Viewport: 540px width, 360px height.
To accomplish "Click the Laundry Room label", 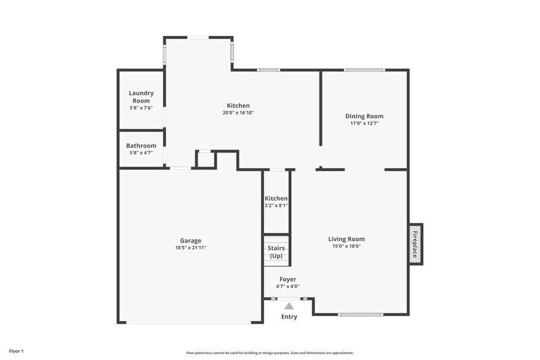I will (141, 97).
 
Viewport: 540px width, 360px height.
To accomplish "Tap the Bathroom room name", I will (141, 146).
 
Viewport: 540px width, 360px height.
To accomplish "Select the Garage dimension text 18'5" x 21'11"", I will (190, 248).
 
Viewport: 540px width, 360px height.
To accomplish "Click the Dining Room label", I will (364, 116).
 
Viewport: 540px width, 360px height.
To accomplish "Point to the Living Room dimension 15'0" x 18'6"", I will (347, 246).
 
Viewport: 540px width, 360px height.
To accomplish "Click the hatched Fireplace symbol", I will (415, 244).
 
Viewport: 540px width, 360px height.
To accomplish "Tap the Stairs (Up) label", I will (276, 252).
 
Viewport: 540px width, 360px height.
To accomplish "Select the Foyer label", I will (288, 279).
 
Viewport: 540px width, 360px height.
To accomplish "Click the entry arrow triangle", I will (288, 305).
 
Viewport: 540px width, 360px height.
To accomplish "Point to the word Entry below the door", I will (289, 317).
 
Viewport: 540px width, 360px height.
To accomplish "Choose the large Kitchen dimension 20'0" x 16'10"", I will (238, 113).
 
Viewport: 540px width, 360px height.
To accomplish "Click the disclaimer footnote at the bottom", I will (269, 353).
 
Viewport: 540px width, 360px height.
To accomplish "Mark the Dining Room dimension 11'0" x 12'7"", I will (364, 123).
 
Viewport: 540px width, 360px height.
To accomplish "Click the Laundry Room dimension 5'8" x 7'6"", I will (141, 108).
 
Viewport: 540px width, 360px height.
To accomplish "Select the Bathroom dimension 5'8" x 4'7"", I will (141, 152).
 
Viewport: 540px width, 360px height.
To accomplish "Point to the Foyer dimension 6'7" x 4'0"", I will (288, 286).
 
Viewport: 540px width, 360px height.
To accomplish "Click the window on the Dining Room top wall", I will (364, 70).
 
